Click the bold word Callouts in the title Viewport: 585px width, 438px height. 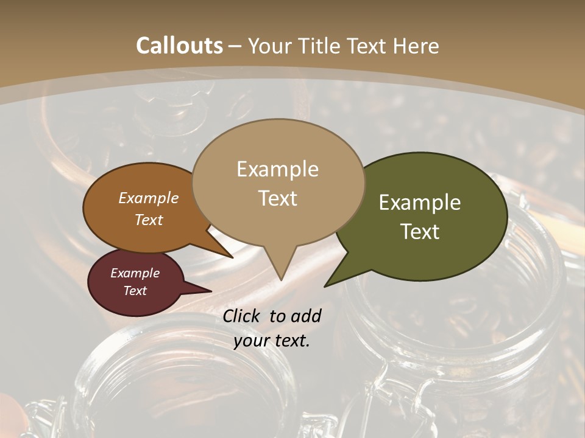click(179, 46)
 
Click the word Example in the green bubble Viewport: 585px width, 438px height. click(420, 203)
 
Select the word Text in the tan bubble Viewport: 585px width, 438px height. click(278, 198)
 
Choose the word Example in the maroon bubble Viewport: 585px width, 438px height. click(135, 273)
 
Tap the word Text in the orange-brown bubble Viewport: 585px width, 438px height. click(149, 220)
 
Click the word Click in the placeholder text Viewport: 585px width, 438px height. click(243, 316)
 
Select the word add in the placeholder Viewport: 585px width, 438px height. click(307, 316)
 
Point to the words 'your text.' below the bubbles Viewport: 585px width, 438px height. click(272, 341)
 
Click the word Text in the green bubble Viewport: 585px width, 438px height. click(420, 232)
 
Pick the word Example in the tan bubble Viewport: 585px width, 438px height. click(278, 169)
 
